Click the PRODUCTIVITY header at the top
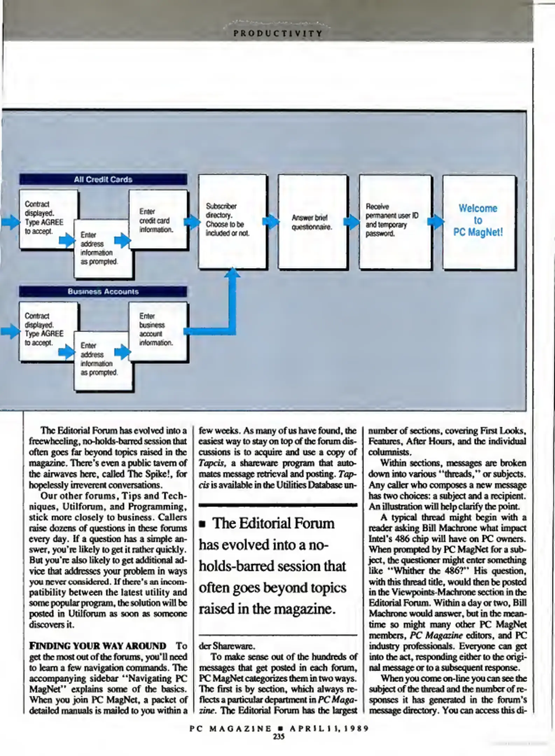(x=278, y=34)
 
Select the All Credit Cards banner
(x=103, y=179)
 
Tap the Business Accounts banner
(x=103, y=291)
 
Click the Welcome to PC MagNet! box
(x=479, y=222)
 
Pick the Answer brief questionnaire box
(x=312, y=222)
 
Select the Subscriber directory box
(x=232, y=222)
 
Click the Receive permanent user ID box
(x=395, y=222)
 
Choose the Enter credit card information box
(x=158, y=219)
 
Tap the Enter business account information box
(x=158, y=331)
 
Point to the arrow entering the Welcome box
(x=436, y=222)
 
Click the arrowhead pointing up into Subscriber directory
(x=232, y=272)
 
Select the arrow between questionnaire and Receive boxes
(x=352, y=222)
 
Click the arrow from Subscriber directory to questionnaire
(x=271, y=221)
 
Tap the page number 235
(x=279, y=736)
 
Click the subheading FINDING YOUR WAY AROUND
(x=98, y=646)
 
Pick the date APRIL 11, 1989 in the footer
(x=329, y=729)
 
